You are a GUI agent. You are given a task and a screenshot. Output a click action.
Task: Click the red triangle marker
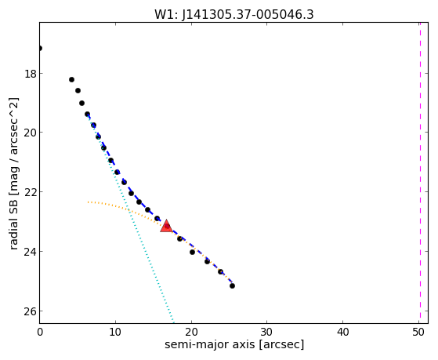pyautogui.click(x=166, y=227)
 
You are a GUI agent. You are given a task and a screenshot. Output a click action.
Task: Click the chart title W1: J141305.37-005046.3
pyautogui.click(x=234, y=15)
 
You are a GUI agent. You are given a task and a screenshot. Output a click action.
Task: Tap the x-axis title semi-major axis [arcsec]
pyautogui.click(x=234, y=344)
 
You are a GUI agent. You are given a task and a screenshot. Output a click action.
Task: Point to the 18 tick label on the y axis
pyautogui.click(x=30, y=75)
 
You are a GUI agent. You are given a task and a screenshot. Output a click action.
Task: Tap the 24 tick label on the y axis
pyautogui.click(x=30, y=252)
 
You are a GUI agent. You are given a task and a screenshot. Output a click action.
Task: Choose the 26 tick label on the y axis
pyautogui.click(x=30, y=311)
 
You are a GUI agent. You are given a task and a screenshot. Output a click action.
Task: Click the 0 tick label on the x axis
pyautogui.click(x=40, y=332)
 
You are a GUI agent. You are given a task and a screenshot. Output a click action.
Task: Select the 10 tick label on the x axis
pyautogui.click(x=115, y=332)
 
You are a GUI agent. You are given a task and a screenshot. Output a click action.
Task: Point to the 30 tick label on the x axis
pyautogui.click(x=266, y=332)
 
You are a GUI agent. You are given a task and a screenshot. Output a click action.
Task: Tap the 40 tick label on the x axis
pyautogui.click(x=342, y=332)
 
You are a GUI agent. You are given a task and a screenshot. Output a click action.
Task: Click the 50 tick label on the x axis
pyautogui.click(x=418, y=332)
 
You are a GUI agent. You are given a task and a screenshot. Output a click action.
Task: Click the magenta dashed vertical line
pyautogui.click(x=420, y=173)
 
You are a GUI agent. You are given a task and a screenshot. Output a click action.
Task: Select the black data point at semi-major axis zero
pyautogui.click(x=40, y=49)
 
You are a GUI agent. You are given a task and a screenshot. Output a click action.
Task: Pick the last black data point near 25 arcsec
pyautogui.click(x=232, y=285)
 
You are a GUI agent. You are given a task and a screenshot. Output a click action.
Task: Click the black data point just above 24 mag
pyautogui.click(x=192, y=252)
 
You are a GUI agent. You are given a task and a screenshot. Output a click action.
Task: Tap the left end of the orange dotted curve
pyautogui.click(x=88, y=202)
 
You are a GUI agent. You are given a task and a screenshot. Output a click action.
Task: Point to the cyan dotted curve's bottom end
pyautogui.click(x=173, y=322)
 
